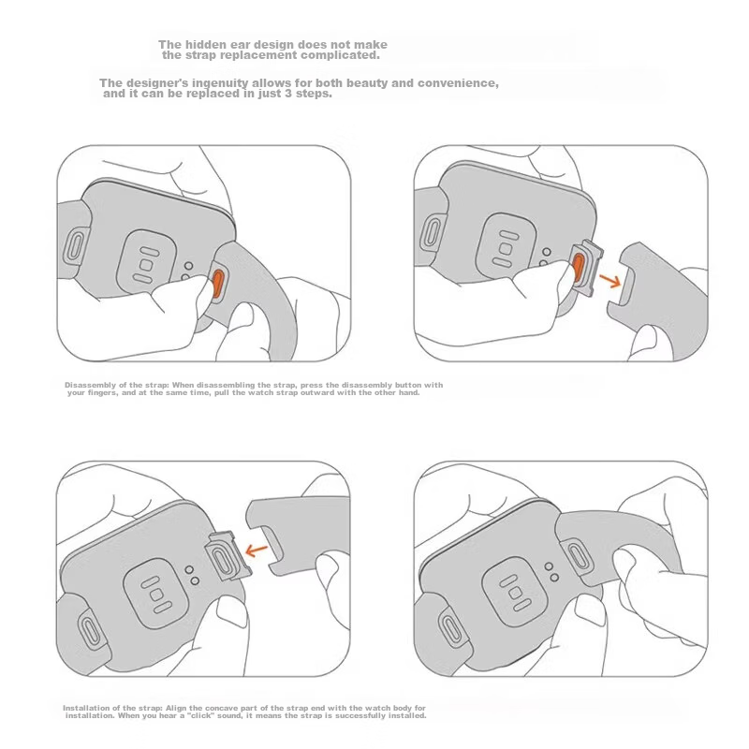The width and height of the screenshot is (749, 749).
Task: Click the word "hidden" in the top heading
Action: click(206, 44)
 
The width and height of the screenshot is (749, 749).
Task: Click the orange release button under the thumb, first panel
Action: click(218, 284)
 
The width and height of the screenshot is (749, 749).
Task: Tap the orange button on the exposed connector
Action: click(578, 268)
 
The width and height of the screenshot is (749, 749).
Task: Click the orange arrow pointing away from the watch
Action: click(609, 280)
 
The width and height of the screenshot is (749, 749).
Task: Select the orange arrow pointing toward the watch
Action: click(257, 551)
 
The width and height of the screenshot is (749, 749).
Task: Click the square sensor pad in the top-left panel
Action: click(146, 265)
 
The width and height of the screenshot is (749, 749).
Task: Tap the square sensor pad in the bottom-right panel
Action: click(515, 593)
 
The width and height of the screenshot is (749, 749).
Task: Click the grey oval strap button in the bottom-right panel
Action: click(577, 554)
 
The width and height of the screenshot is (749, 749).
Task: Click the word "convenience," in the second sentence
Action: click(458, 83)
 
